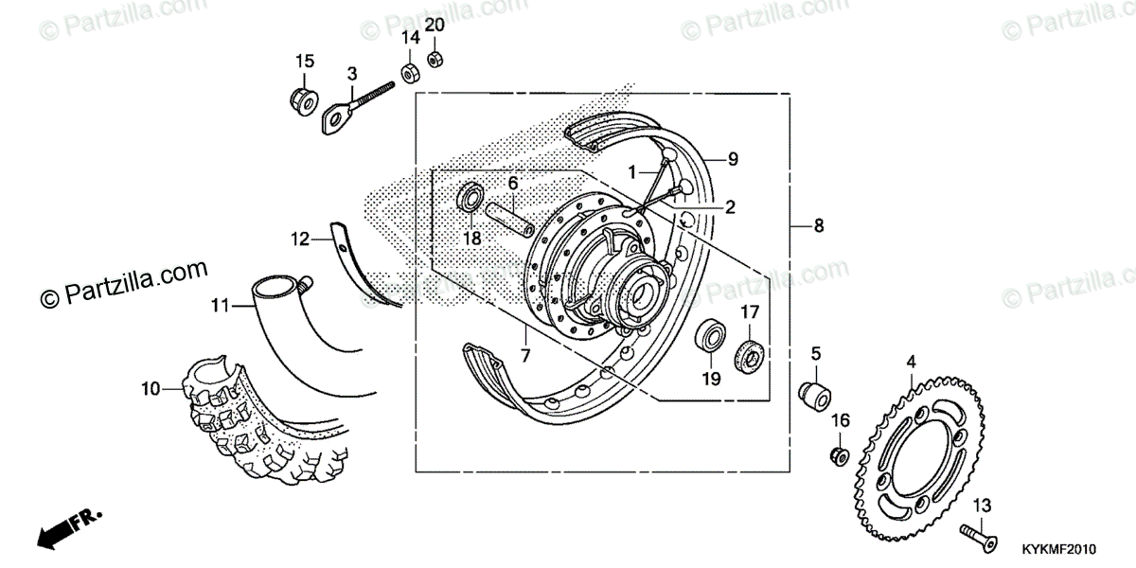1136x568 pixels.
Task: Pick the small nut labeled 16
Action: click(x=839, y=456)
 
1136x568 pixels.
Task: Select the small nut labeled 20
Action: click(x=435, y=59)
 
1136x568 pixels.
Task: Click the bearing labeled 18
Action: click(x=468, y=198)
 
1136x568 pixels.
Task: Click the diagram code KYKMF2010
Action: click(x=1057, y=549)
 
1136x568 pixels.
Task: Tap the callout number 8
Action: click(x=819, y=226)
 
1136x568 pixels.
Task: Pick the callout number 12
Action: click(x=300, y=240)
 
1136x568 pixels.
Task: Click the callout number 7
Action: click(x=524, y=357)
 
